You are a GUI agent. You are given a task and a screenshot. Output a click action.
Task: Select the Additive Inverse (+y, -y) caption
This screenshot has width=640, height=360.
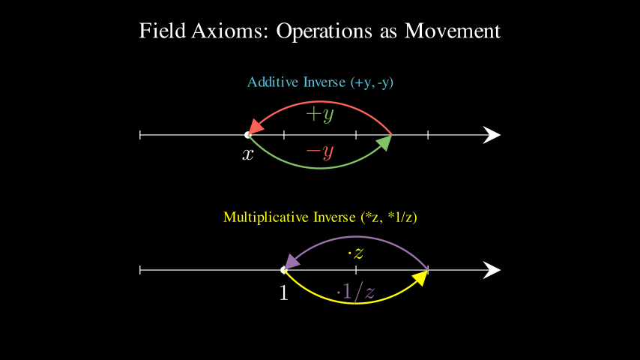click(x=320, y=82)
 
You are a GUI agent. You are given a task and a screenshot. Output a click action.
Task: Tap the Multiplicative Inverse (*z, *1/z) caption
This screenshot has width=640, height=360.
click(x=320, y=217)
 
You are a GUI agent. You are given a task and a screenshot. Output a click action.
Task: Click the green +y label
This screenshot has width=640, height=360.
click(x=320, y=115)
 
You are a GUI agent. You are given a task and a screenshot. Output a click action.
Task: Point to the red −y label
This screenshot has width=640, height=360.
click(x=320, y=152)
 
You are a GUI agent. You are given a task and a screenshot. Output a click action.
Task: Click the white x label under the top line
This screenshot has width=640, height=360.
click(x=248, y=155)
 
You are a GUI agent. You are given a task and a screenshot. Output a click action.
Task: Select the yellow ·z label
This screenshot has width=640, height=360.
click(x=355, y=252)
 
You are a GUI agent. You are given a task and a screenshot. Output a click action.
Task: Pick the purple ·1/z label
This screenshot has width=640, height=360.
click(x=355, y=291)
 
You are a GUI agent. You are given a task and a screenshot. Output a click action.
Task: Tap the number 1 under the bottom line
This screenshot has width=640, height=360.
click(x=283, y=292)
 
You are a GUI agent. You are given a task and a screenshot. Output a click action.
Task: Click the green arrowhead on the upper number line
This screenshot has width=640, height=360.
click(x=384, y=142)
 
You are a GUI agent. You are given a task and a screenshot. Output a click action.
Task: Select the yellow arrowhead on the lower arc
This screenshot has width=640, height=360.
click(x=420, y=278)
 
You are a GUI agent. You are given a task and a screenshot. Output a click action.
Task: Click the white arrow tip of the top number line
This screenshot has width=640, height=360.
click(x=493, y=135)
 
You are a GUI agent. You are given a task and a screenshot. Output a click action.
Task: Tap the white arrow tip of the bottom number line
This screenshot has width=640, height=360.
click(x=493, y=270)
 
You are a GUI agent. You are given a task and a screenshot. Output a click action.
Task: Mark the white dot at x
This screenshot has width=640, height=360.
click(x=248, y=135)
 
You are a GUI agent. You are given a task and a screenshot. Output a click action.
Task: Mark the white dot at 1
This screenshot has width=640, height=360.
click(x=283, y=270)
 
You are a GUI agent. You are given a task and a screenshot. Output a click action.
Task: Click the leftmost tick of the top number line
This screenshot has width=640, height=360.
click(x=140, y=135)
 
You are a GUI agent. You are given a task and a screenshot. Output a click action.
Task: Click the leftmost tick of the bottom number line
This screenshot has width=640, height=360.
click(x=140, y=270)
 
